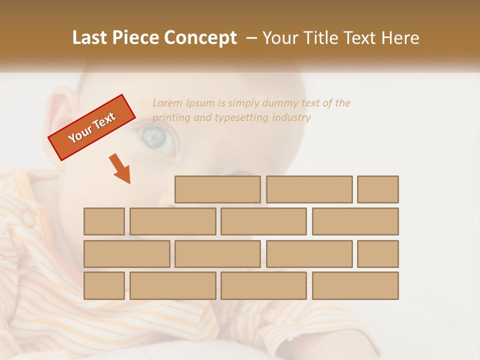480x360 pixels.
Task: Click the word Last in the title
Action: [90, 38]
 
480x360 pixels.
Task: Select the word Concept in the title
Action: [200, 38]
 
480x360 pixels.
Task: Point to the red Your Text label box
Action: [92, 127]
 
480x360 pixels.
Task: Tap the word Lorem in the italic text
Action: [167, 103]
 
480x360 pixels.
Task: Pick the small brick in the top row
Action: [378, 189]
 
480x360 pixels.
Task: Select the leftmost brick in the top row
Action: [217, 189]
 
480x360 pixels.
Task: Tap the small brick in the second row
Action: [104, 221]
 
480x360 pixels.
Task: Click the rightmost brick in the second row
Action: [355, 221]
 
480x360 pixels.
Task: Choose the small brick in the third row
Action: [378, 254]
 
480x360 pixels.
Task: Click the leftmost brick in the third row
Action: [126, 254]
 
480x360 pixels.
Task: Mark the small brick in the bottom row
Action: [104, 286]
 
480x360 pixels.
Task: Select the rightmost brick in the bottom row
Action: [355, 286]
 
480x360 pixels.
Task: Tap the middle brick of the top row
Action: [309, 189]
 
